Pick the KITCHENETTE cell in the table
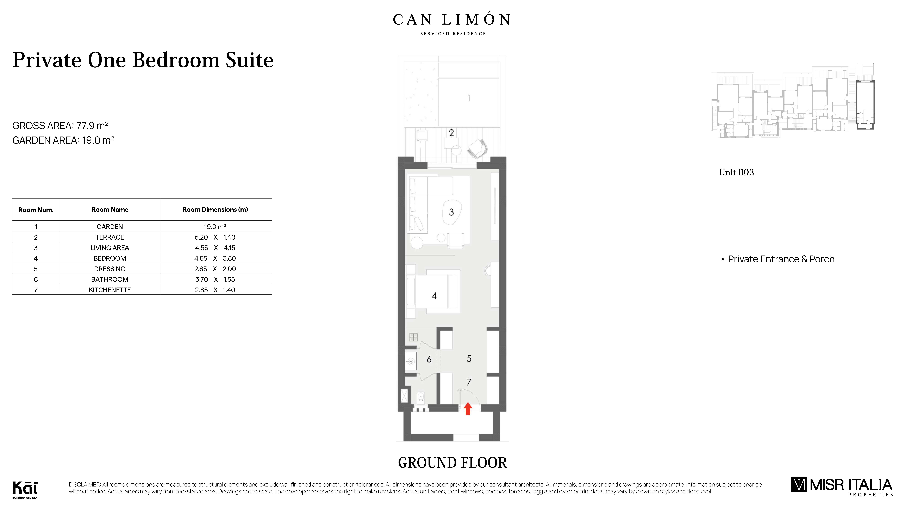point(110,290)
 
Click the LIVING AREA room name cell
point(110,248)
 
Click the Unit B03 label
point(736,172)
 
